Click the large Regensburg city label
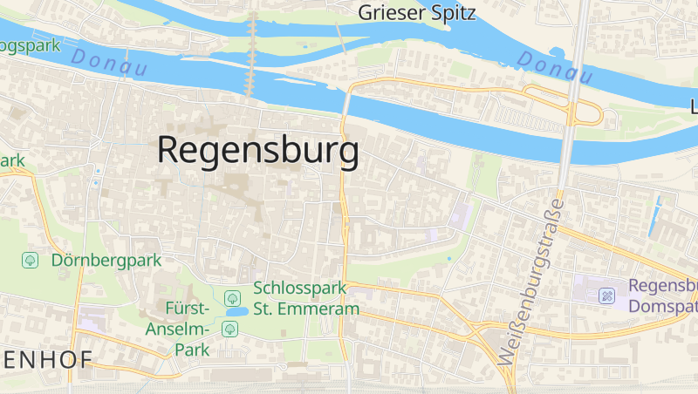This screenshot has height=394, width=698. [x=257, y=151]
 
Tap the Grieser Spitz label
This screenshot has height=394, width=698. [x=417, y=12]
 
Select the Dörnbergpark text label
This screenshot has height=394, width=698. [x=106, y=260]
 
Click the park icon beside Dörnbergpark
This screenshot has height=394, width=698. [x=31, y=260]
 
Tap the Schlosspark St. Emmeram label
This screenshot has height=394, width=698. [x=306, y=298]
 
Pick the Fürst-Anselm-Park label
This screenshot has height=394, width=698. [x=188, y=329]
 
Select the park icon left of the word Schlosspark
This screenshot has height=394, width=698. [x=231, y=297]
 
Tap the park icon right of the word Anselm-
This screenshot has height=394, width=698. [x=230, y=329]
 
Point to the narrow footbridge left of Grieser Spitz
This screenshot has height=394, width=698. [x=341, y=39]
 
